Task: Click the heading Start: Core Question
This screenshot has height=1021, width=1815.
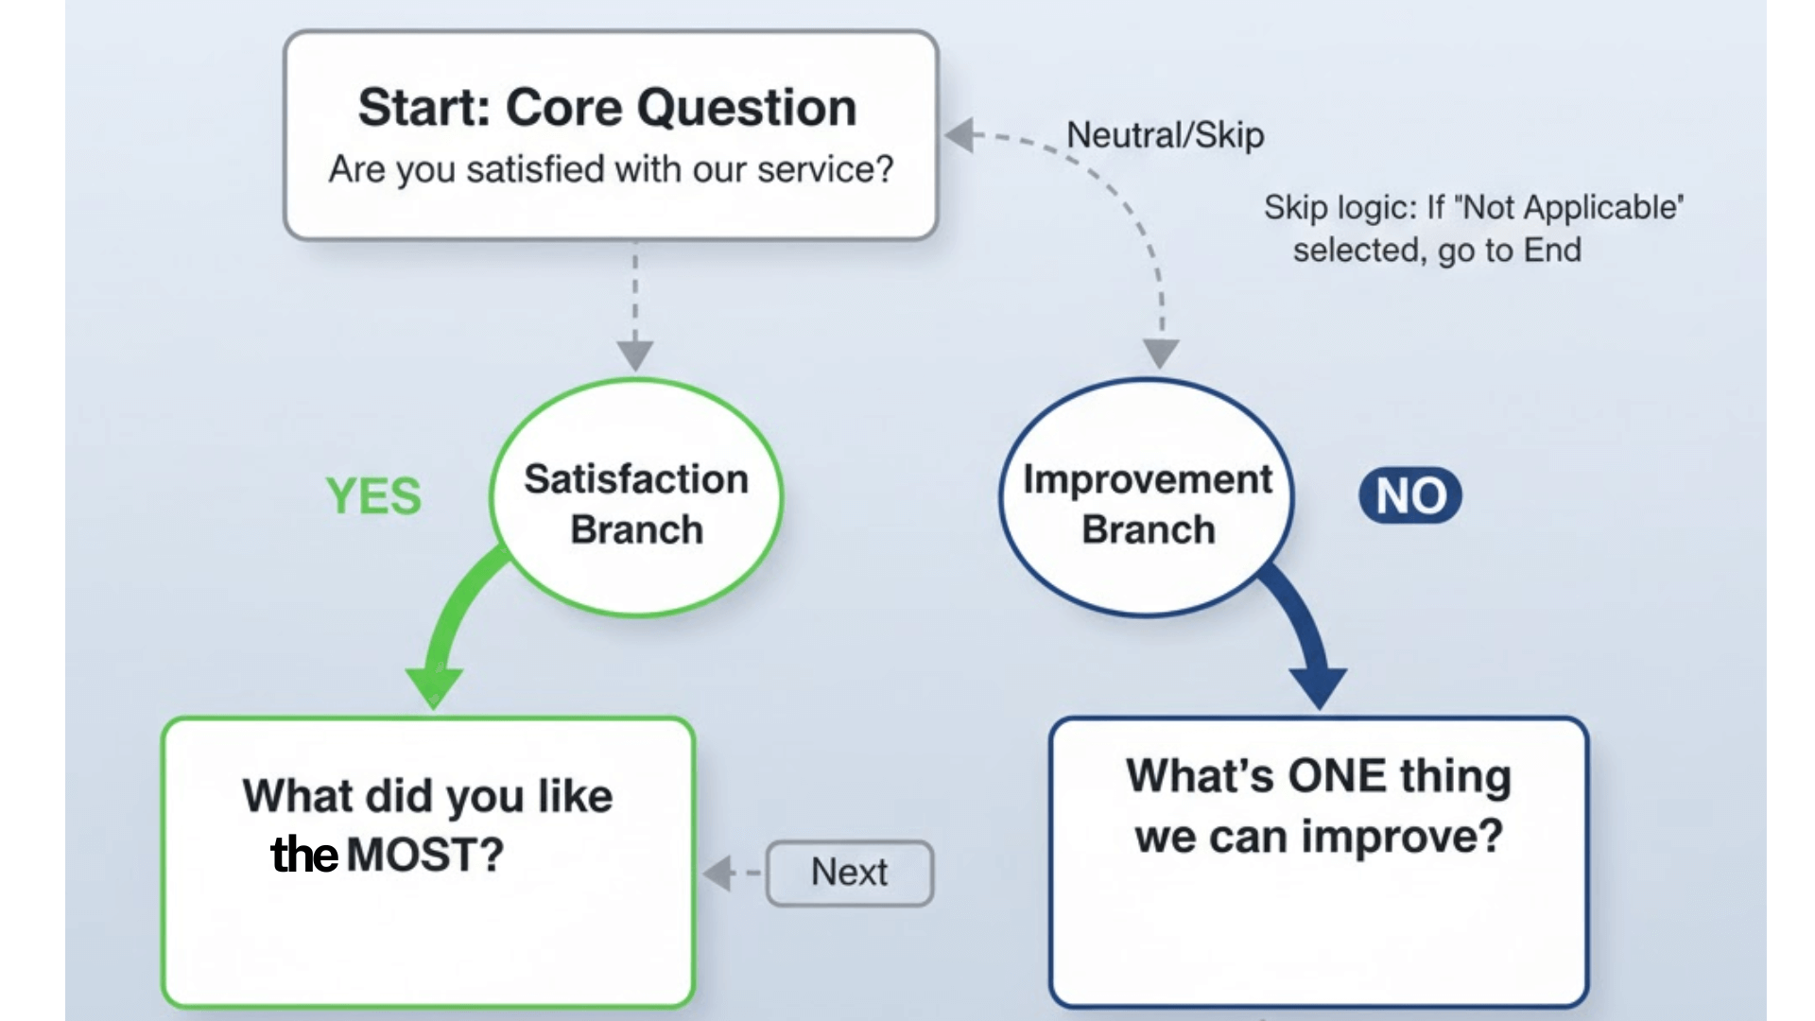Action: (607, 107)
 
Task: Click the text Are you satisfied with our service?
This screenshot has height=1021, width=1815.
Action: (611, 169)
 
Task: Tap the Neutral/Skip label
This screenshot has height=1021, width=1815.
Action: (1165, 135)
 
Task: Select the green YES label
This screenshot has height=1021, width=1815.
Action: (373, 496)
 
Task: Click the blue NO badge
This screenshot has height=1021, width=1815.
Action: (1409, 495)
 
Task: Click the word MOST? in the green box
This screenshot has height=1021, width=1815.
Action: (425, 856)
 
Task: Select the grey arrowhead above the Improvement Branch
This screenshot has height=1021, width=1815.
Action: (1161, 353)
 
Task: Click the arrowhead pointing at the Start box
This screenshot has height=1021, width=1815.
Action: (960, 134)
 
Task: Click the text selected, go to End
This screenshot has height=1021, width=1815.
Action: (1436, 251)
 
